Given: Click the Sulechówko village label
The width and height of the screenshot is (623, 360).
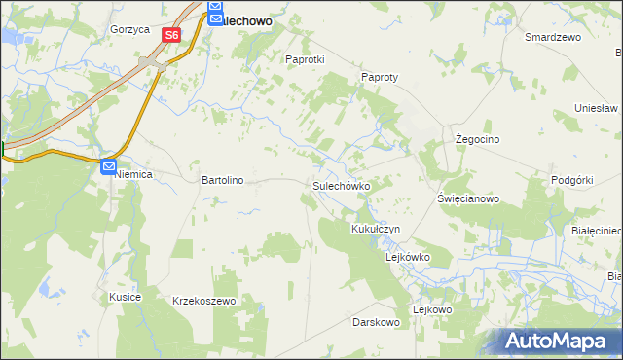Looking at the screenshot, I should pos(340,185).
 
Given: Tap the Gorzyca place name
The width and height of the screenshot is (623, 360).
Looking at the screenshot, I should pos(129,29).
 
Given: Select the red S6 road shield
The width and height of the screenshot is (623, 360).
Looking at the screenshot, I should pos(171,35).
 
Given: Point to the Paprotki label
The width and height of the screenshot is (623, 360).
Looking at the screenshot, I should pos(304,58).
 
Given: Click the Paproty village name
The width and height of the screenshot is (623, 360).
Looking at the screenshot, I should pos(381,77).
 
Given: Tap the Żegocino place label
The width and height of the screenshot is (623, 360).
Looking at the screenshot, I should pos(478,139).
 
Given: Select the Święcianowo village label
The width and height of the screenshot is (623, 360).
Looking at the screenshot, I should pos(468,198).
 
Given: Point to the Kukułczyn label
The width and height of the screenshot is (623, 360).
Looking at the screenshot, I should pos(375,229).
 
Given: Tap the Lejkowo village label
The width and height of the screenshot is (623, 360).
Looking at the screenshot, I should pos(432,309).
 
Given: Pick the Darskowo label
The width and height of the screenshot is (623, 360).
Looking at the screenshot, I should pos(377,321).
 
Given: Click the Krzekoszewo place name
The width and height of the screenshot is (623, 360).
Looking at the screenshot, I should pos(204,301).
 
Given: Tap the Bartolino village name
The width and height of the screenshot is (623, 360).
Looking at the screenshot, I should pos(222,180).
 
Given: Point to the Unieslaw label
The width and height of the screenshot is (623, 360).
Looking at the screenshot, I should pos(597,108).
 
